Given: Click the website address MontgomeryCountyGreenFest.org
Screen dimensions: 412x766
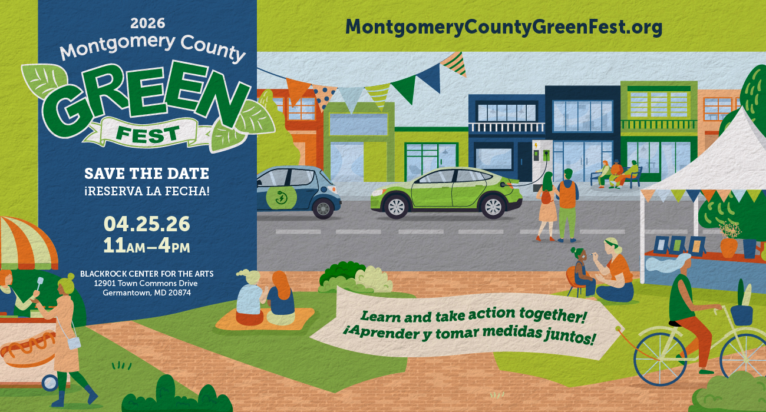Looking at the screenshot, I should [504, 26].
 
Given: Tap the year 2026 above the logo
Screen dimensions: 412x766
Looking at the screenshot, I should [147, 24].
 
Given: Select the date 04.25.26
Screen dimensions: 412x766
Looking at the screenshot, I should [147, 224].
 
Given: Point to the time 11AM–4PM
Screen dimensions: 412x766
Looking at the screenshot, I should [147, 245].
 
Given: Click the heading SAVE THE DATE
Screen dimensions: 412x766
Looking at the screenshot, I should [147, 174].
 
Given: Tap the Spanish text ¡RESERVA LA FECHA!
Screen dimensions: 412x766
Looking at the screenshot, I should [147, 191].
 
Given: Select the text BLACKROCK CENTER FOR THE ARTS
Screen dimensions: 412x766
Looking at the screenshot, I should [147, 274].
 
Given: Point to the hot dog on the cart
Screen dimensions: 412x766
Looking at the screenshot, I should [27, 347].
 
